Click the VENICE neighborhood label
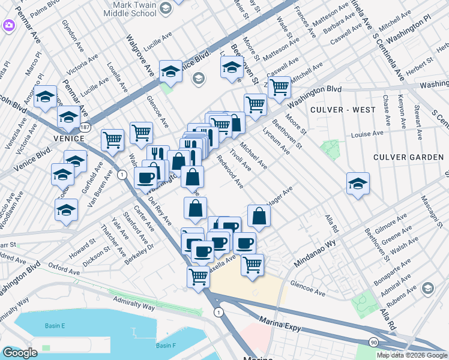[x=66, y=138]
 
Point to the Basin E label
[x=54, y=326]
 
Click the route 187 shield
[x=85, y=127]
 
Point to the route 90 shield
[x=374, y=341]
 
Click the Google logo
[x=20, y=352]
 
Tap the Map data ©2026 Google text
[x=411, y=355]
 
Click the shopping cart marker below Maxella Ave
[x=253, y=265]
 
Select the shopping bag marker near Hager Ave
[x=258, y=217]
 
